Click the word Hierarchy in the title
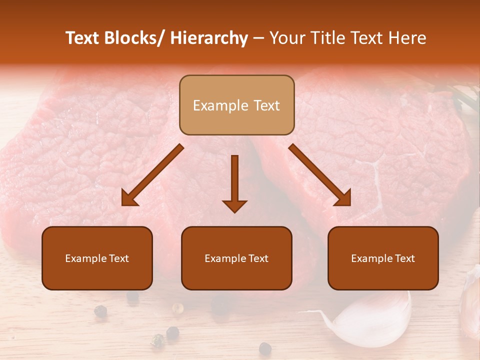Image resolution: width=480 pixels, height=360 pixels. tap(208, 38)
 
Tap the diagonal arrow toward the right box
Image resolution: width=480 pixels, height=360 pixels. tap(320, 175)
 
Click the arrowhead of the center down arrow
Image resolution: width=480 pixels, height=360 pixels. tap(234, 206)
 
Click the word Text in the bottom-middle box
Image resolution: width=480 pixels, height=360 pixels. tap(257, 258)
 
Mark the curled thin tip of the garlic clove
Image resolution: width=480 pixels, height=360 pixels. tap(312, 312)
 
